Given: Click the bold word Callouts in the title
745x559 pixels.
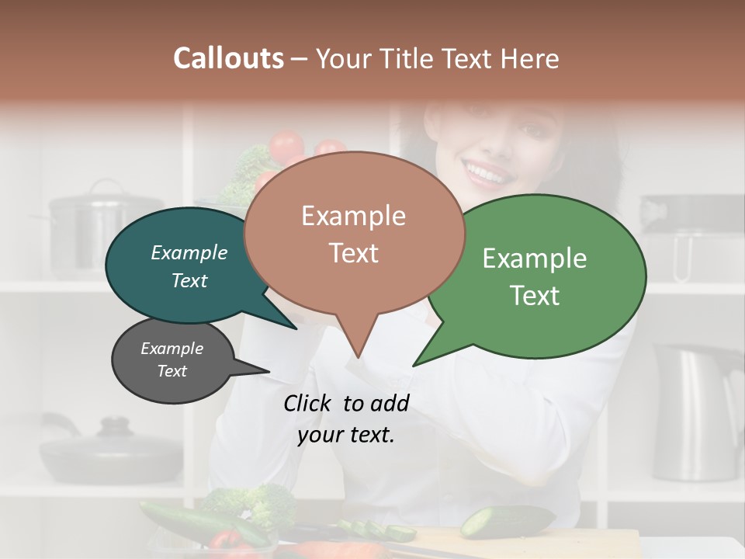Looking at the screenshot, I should [228, 58].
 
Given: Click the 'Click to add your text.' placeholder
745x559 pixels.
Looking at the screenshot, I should [346, 419].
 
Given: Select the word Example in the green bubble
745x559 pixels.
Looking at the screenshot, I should [535, 259].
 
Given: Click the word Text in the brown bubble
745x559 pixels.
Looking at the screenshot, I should [354, 253].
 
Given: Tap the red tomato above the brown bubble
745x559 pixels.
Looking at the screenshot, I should [286, 146].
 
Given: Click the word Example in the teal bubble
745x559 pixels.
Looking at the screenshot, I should [189, 252].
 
